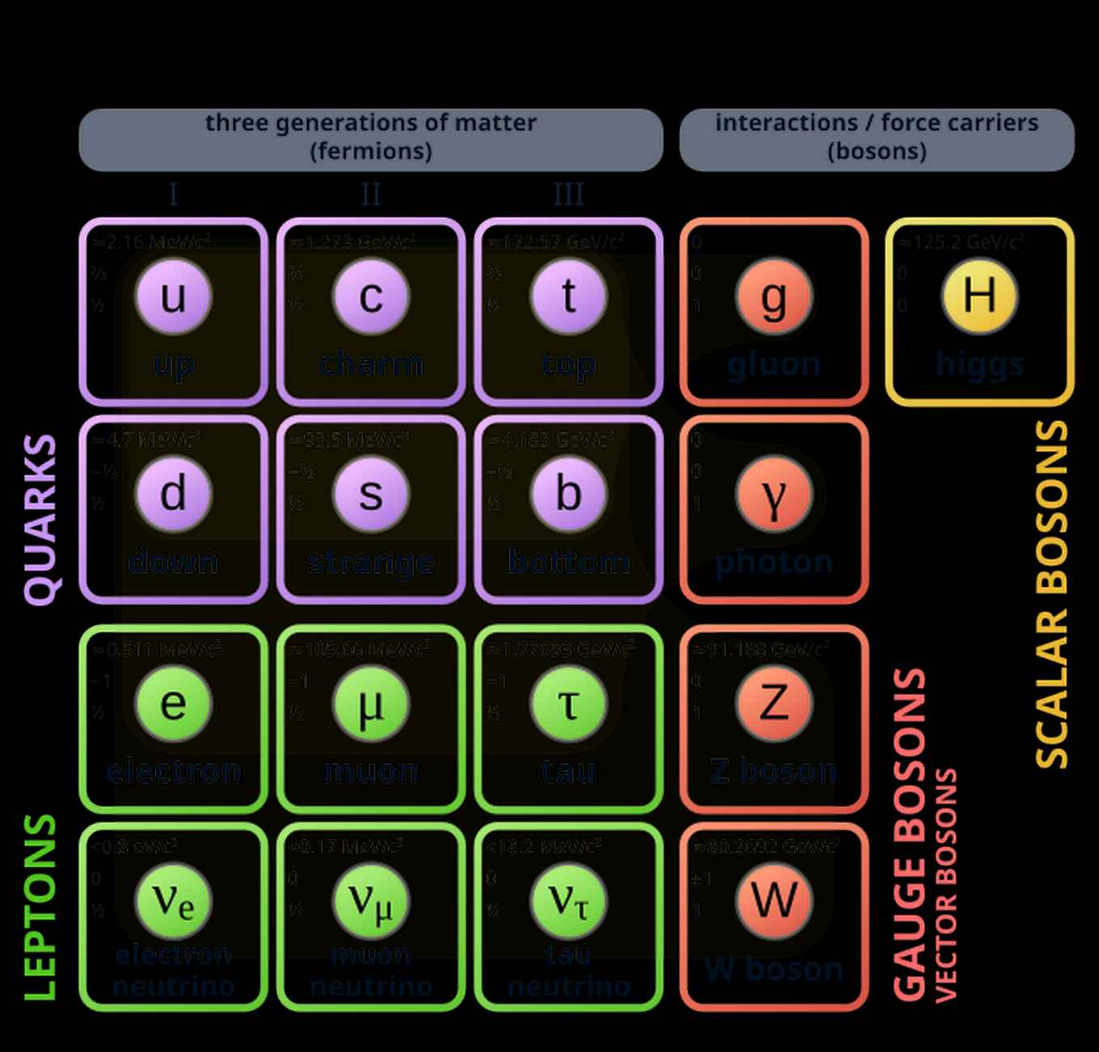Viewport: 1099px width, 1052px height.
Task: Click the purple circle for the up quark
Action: pyautogui.click(x=173, y=296)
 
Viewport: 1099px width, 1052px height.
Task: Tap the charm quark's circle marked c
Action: pyautogui.click(x=371, y=296)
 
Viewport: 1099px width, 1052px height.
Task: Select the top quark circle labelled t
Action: pyautogui.click(x=568, y=296)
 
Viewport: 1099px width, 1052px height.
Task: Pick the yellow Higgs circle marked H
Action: pyautogui.click(x=979, y=296)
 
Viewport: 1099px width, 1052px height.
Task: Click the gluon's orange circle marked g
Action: pyautogui.click(x=773, y=296)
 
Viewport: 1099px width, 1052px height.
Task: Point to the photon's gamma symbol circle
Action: pyautogui.click(x=773, y=494)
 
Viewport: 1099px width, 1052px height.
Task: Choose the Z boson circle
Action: pyautogui.click(x=773, y=702)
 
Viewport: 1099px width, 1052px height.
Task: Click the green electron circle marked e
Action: pyautogui.click(x=173, y=702)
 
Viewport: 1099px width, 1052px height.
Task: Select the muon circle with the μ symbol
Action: pyautogui.click(x=371, y=702)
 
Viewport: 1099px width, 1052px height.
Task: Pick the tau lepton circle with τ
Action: pyautogui.click(x=568, y=702)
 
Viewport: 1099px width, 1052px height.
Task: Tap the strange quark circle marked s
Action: pyautogui.click(x=371, y=494)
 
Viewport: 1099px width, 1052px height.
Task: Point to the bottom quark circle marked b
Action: pyautogui.click(x=568, y=494)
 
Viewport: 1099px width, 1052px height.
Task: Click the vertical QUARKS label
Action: pyautogui.click(x=40, y=520)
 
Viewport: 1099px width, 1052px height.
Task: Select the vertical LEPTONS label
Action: pyautogui.click(x=40, y=907)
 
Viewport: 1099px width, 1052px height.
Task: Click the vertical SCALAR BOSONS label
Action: pyautogui.click(x=1052, y=594)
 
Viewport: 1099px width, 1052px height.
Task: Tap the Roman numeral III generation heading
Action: pyautogui.click(x=568, y=194)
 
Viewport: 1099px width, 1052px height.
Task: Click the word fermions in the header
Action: pyautogui.click(x=371, y=151)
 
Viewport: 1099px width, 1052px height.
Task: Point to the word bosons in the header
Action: pyautogui.click(x=877, y=151)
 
